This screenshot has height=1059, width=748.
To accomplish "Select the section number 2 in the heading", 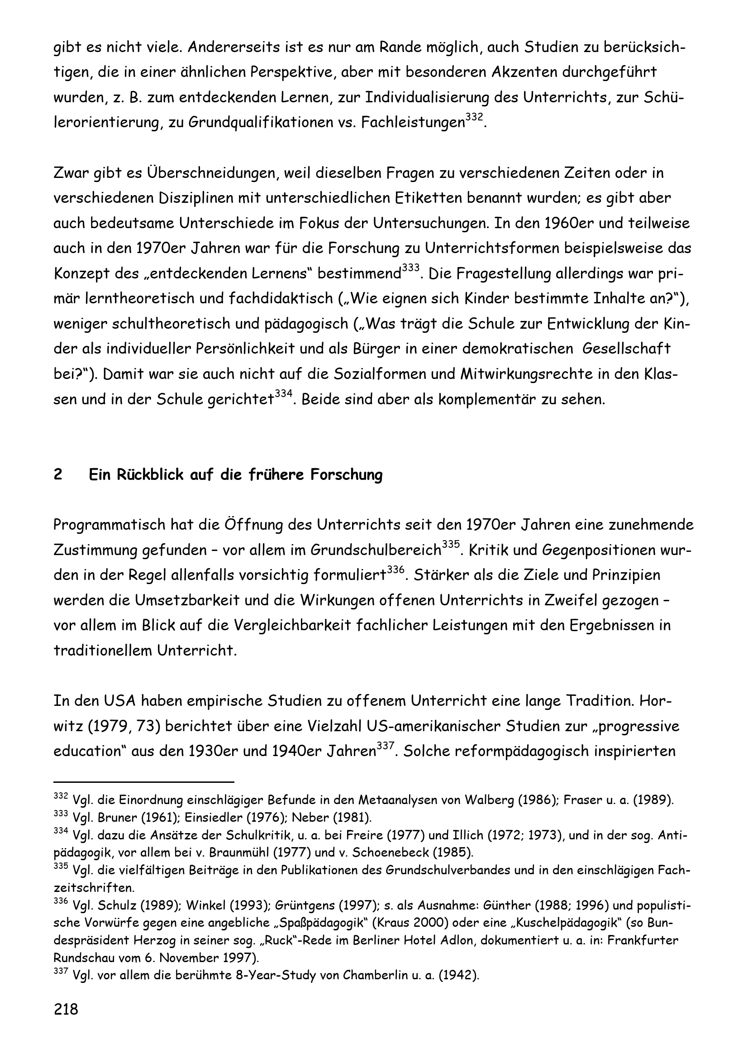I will [57, 474].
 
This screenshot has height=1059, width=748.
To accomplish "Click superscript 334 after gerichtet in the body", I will [283, 394].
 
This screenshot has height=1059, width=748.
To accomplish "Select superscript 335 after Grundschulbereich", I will [451, 545].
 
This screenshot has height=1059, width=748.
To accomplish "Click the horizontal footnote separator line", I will [144, 782].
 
